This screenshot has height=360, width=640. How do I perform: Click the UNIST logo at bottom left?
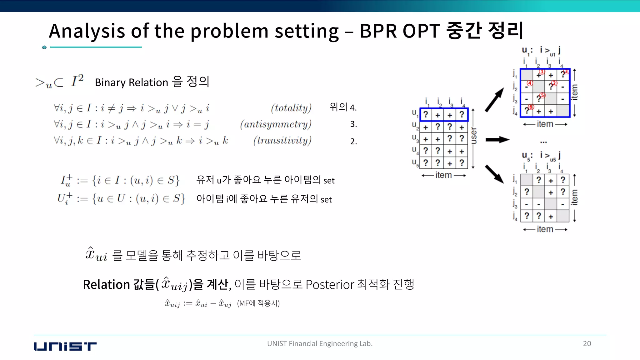pos(65,346)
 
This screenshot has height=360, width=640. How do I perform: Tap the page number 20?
pos(587,343)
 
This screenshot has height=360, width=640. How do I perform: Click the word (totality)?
pos(291,108)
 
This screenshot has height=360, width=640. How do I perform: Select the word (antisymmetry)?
pos(276,124)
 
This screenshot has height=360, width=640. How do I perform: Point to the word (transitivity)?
pos(282,141)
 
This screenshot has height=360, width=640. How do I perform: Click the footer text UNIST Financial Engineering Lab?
pos(320,343)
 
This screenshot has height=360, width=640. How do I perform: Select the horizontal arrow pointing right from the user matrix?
pos(497,139)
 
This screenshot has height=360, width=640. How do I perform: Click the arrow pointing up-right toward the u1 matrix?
pos(495,99)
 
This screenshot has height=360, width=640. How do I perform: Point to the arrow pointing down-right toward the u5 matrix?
pos(494,174)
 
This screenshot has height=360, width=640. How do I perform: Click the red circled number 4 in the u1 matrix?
pos(530,83)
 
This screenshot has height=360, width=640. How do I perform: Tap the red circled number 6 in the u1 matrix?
pos(531,107)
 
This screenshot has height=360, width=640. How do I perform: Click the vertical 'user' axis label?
pos(474,135)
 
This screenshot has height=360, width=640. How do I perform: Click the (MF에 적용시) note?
pos(258,303)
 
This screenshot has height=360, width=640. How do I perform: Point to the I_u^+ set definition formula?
pos(120,180)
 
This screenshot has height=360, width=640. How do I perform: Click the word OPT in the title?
pos(421,31)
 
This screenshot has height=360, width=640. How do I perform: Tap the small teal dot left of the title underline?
pos(44,47)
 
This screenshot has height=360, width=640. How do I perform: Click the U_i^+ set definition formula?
pos(121,199)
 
